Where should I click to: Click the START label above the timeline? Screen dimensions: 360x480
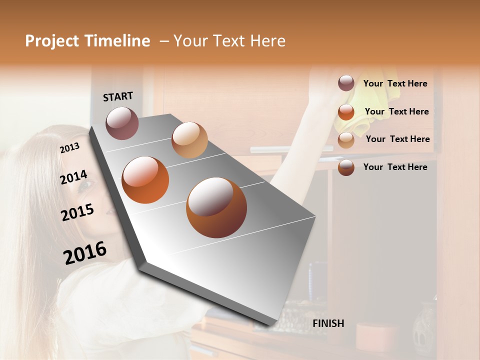click(118, 96)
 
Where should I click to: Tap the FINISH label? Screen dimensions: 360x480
click(328, 323)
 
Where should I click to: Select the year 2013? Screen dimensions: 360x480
click(69, 148)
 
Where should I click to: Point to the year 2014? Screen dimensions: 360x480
click(74, 177)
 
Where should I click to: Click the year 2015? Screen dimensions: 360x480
click(77, 212)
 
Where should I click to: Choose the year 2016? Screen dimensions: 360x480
click(85, 253)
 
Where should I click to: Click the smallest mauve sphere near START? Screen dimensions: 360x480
click(122, 123)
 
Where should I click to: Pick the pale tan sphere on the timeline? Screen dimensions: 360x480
click(189, 140)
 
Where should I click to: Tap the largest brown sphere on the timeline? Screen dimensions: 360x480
click(216, 207)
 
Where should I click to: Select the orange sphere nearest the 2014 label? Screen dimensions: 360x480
click(145, 180)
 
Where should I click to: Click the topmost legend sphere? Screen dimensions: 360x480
click(346, 83)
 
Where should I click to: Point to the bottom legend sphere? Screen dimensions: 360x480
click(346, 168)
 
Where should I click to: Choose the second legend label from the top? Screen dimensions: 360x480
click(396, 111)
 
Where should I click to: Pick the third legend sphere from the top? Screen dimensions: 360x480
click(346, 140)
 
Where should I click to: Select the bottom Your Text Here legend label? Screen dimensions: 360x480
click(395, 167)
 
